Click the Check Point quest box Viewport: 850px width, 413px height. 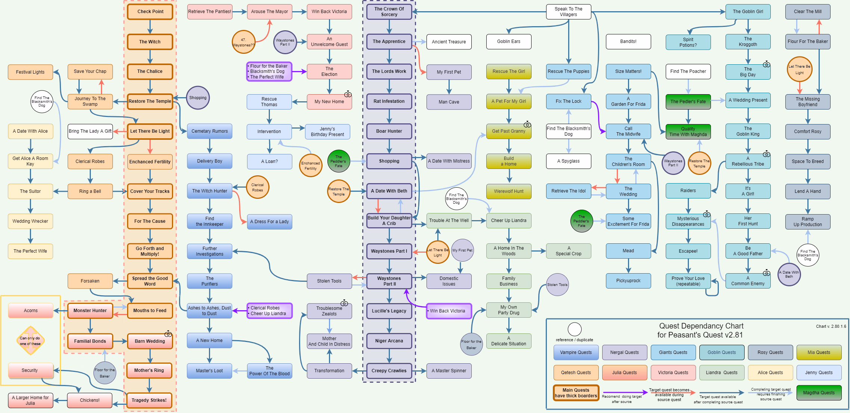[x=150, y=12]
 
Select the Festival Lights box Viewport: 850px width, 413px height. [x=30, y=72]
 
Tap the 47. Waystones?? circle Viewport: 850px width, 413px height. [x=243, y=42]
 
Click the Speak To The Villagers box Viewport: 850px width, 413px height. [x=568, y=12]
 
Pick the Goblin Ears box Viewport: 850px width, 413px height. [x=508, y=41]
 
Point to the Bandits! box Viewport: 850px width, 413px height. [x=628, y=41]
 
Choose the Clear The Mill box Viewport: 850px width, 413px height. [x=807, y=12]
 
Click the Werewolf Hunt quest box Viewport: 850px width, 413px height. [x=508, y=191]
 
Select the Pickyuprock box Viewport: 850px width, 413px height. [x=628, y=281]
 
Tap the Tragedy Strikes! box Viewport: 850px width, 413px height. [x=149, y=400]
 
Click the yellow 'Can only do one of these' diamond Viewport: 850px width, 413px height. [x=30, y=340]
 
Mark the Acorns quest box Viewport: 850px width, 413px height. [x=31, y=311]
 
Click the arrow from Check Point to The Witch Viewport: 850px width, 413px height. [x=150, y=27]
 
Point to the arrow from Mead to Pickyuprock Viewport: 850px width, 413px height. [x=628, y=266]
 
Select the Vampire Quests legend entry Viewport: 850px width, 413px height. [x=576, y=352]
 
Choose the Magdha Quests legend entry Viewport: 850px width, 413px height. [x=819, y=393]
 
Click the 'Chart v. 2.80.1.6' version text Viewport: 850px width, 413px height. [x=831, y=326]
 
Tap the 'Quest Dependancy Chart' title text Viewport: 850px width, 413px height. [x=701, y=326]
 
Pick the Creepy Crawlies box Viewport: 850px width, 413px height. [x=389, y=371]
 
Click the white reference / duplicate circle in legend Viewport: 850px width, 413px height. [x=575, y=329]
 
